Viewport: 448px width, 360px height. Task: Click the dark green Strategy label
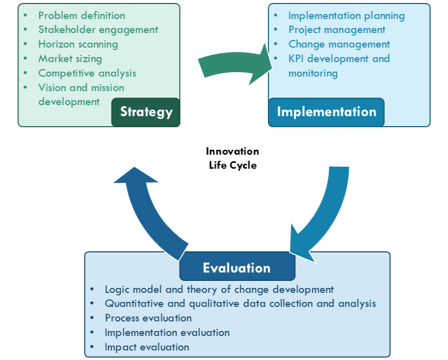(x=146, y=112)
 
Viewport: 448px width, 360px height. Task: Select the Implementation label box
(x=326, y=112)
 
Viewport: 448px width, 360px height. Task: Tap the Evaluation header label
(x=237, y=268)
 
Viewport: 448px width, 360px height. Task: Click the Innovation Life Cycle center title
(x=233, y=158)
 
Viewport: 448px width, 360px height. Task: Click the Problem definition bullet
(x=82, y=16)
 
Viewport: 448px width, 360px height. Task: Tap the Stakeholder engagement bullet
(x=98, y=30)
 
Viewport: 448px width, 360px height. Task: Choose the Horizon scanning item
(x=78, y=45)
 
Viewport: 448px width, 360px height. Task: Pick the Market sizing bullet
(x=70, y=59)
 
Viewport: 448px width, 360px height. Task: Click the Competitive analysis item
(x=87, y=73)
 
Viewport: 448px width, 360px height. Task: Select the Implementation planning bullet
(x=346, y=16)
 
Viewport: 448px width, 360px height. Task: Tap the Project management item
(x=337, y=30)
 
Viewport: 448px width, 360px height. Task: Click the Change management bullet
(x=339, y=45)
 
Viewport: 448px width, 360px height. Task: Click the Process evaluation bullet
(x=148, y=318)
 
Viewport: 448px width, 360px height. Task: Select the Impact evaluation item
(x=147, y=347)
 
